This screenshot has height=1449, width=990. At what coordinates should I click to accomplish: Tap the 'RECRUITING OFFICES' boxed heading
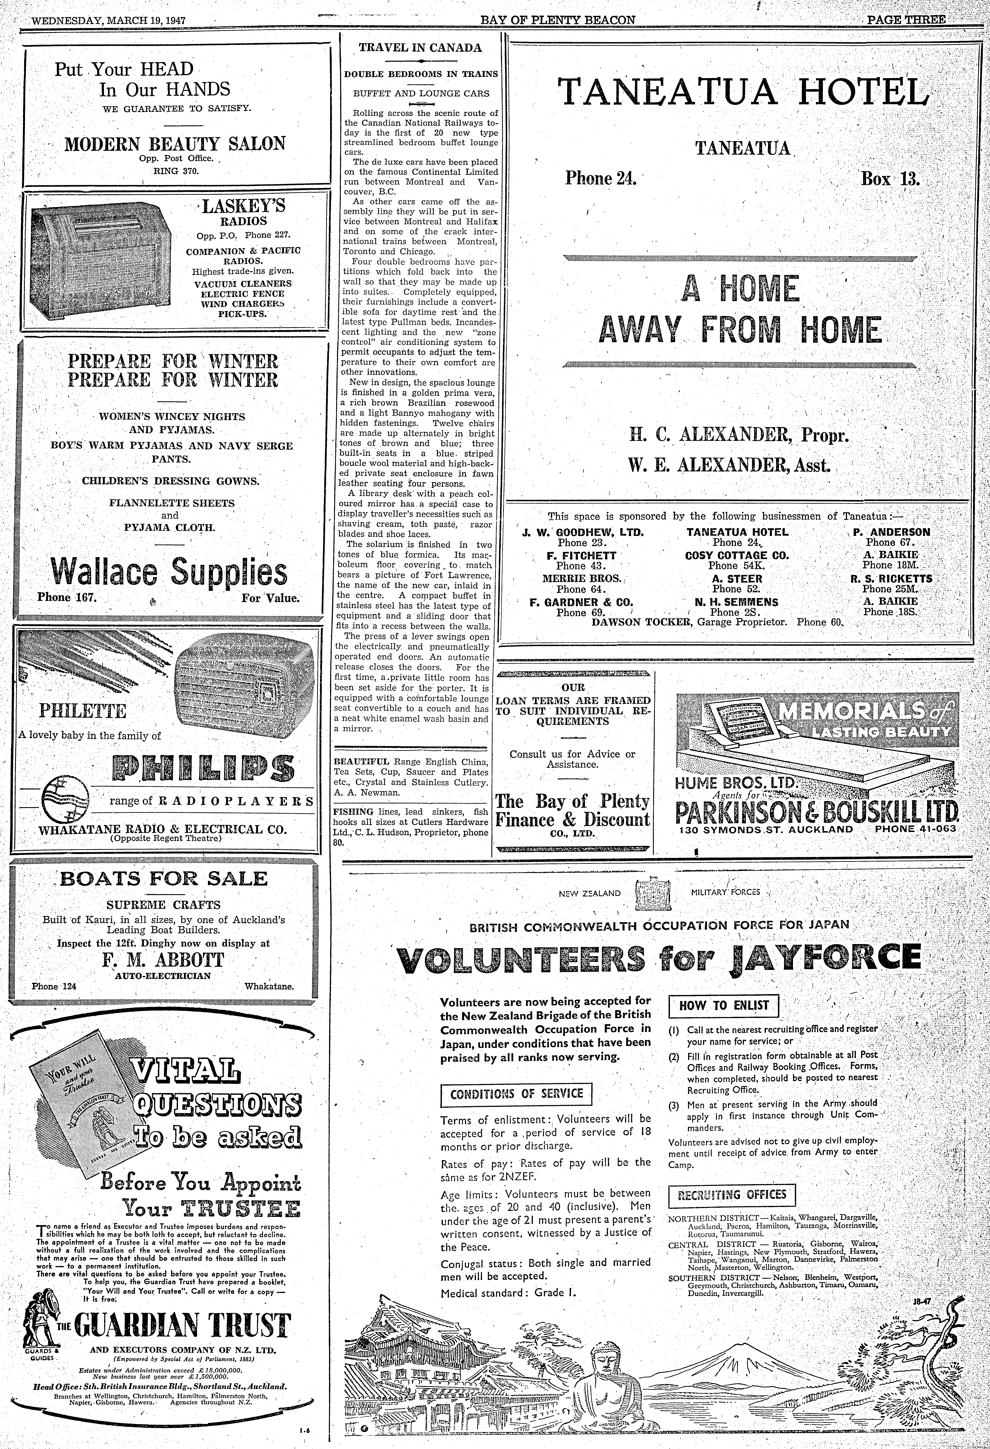[x=731, y=1195]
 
